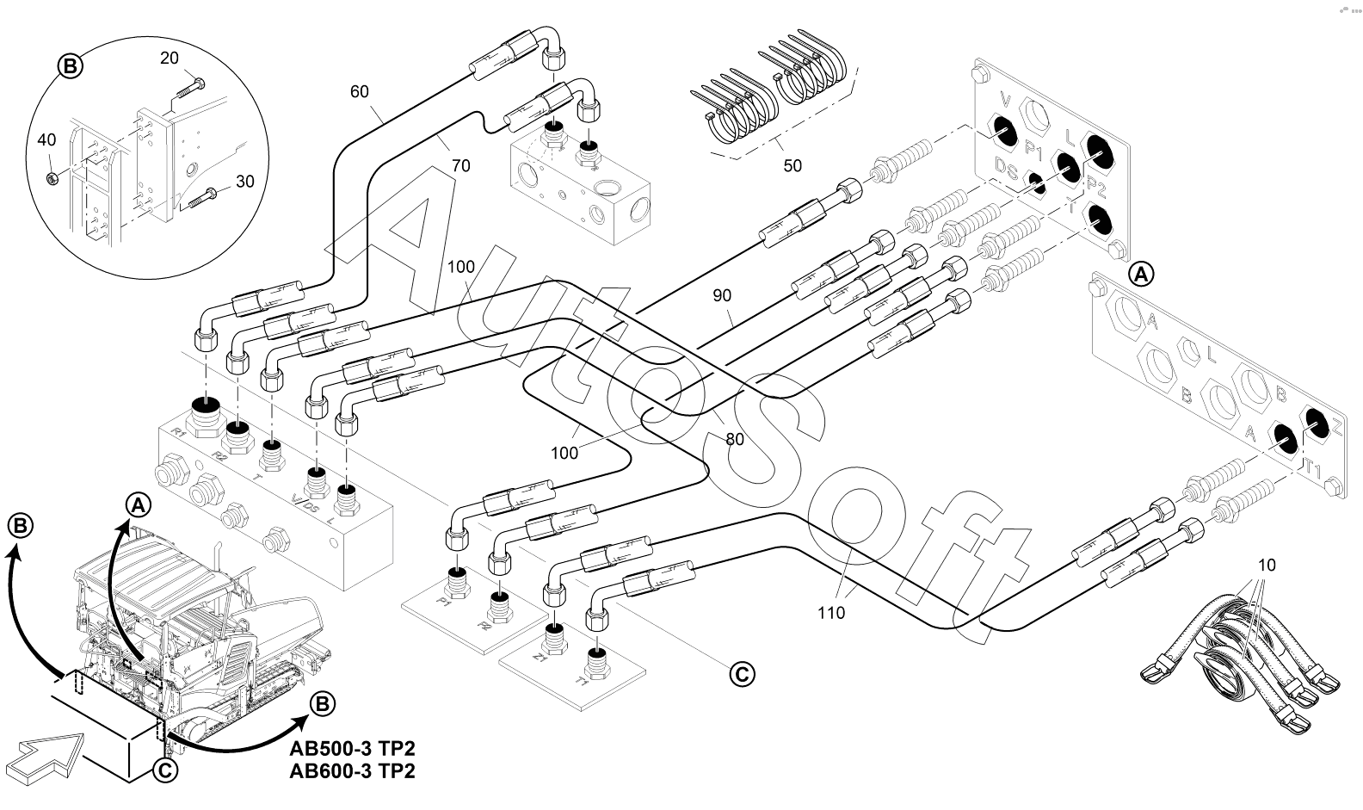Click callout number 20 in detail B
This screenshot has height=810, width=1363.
pos(170,58)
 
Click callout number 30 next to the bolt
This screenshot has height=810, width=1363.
pos(244,182)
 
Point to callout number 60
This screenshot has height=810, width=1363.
pos(360,90)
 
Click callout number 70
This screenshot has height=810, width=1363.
pos(461,165)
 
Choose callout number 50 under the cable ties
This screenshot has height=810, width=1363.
pos(792,164)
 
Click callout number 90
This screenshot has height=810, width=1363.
pos(722,295)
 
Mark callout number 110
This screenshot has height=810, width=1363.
pos(831,613)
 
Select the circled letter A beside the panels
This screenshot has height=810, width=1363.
pos(1141,275)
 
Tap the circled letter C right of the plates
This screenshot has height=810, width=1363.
pos(742,674)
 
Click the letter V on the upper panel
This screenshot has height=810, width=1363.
pos(1004,100)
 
